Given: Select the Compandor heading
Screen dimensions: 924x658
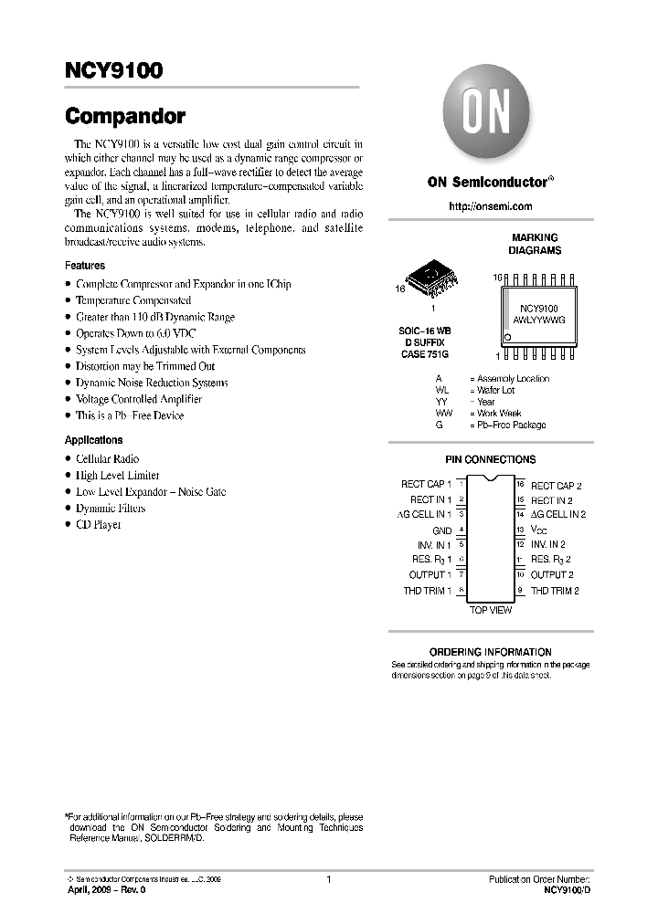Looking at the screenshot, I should point(125,117).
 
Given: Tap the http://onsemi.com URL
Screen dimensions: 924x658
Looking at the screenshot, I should point(489,207).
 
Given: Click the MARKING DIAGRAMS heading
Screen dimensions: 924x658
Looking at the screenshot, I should point(535,244).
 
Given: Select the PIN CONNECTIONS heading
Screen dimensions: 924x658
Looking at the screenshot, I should point(490,459).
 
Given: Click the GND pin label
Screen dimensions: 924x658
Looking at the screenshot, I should point(441,530).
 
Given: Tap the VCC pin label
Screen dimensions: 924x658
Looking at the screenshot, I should point(540,530).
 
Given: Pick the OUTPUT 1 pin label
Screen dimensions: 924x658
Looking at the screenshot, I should point(430,575).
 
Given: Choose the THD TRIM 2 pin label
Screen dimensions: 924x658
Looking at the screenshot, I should point(555,591).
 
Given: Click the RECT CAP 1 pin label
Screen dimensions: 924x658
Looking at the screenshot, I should point(426,485).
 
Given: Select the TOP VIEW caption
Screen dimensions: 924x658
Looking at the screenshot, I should point(491,610).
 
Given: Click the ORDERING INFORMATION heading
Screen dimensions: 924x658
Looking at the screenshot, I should point(490,652).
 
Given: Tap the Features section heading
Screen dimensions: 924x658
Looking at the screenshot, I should point(85,266).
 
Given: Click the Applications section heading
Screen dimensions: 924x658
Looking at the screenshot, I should point(94,440).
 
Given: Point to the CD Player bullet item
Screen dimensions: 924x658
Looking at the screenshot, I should point(98,525).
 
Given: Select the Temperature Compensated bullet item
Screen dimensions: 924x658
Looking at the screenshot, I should point(133,300).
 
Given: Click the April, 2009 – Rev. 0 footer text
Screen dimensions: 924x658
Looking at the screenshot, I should point(107,888).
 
